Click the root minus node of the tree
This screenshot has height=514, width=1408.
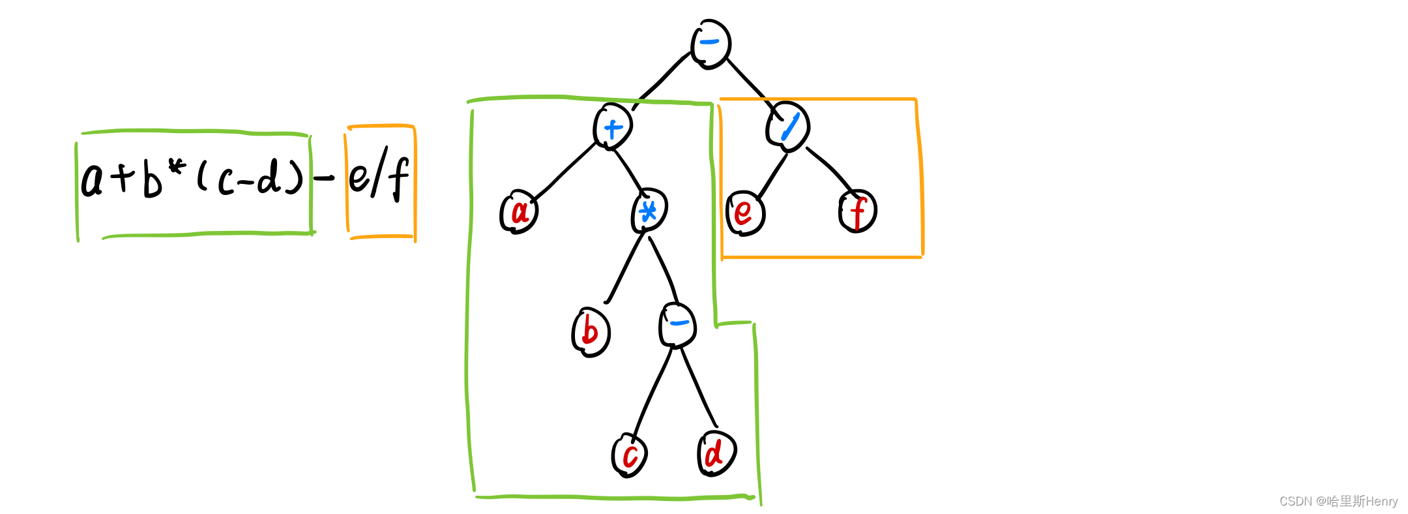711,44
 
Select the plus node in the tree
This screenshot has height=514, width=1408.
613,127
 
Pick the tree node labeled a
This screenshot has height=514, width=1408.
519,211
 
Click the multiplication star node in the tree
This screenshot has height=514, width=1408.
649,211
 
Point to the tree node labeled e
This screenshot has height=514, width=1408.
744,213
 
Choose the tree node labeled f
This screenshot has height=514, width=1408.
858,212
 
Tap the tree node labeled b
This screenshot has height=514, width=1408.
591,332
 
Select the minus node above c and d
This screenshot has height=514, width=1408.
678,324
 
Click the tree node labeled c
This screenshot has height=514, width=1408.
630,455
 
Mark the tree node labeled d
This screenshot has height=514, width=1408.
716,453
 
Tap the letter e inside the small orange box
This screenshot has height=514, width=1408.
359,177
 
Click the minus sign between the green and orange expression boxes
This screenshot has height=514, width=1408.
324,177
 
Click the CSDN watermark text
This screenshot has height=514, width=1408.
1338,501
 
